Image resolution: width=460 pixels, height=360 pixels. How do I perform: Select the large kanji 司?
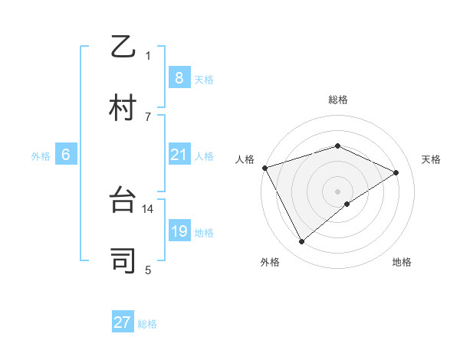point(123,260)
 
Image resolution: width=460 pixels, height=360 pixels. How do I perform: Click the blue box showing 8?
point(179,78)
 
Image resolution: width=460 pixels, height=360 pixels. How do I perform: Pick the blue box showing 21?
point(179,155)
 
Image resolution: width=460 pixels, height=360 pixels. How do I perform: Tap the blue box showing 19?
point(179,231)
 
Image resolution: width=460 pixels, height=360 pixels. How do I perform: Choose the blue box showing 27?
point(123,322)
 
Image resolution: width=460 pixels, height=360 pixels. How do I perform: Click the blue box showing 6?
point(65,155)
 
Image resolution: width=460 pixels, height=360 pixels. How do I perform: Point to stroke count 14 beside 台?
point(149,208)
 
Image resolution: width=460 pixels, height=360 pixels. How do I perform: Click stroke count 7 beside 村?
point(148,116)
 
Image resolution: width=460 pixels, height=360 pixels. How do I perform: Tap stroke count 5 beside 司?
point(148,269)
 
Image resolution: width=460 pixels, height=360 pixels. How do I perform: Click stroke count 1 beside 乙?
point(148,55)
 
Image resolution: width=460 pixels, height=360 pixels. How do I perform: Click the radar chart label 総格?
point(338,100)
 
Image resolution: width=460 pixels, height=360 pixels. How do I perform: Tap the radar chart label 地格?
point(402,262)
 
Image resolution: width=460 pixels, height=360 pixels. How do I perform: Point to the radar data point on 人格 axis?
point(264,168)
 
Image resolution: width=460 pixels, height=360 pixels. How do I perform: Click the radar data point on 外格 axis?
point(302,241)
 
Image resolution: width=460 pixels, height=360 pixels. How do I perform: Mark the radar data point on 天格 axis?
point(396,172)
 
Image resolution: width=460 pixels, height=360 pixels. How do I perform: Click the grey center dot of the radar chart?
point(337,191)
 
